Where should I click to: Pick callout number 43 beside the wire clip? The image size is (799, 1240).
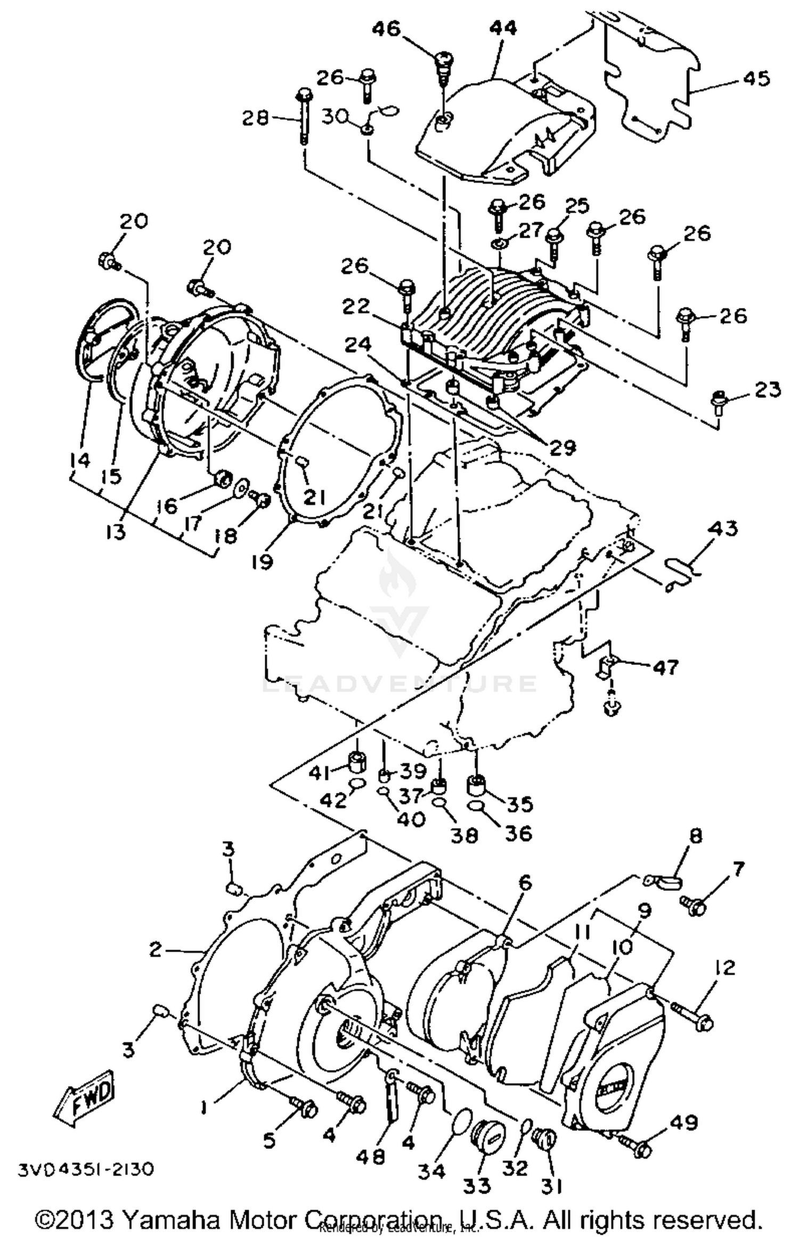coord(723,529)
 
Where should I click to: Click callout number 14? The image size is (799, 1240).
coord(80,460)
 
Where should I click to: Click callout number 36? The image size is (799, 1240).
coord(518,833)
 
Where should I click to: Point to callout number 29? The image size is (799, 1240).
coord(562,447)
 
